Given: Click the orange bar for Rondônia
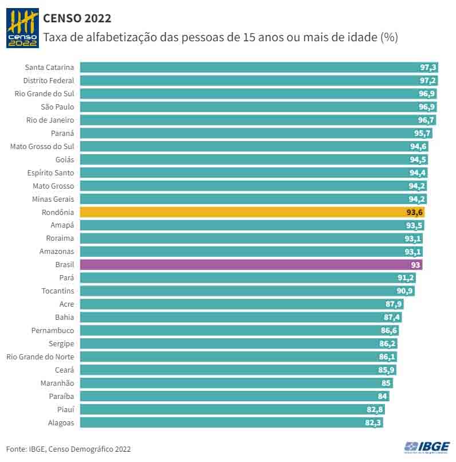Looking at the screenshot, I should (252, 212).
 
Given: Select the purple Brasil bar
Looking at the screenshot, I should (251, 265).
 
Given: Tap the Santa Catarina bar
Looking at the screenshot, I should (258, 67).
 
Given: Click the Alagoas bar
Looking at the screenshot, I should (231, 423).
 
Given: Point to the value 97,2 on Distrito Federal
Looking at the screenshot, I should (428, 80).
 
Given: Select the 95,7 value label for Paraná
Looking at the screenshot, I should (422, 133).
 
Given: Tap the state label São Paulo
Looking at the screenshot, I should (57, 107).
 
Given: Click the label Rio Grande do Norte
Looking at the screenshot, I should (40, 357).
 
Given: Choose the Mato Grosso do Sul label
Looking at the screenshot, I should (42, 146).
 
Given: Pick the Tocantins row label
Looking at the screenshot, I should (58, 291).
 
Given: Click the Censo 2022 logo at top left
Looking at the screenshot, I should (22, 28).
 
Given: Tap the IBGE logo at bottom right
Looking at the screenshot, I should (427, 447).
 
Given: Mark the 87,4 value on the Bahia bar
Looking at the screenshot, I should (392, 318).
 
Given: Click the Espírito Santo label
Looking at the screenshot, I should (50, 173).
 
